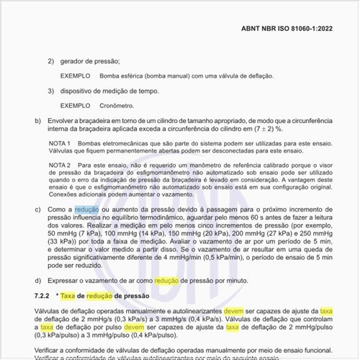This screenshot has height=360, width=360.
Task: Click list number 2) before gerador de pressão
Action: pos(51,61)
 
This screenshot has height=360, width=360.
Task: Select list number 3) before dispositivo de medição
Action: pos(51,91)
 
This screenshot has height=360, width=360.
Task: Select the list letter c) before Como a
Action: pos(38,209)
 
